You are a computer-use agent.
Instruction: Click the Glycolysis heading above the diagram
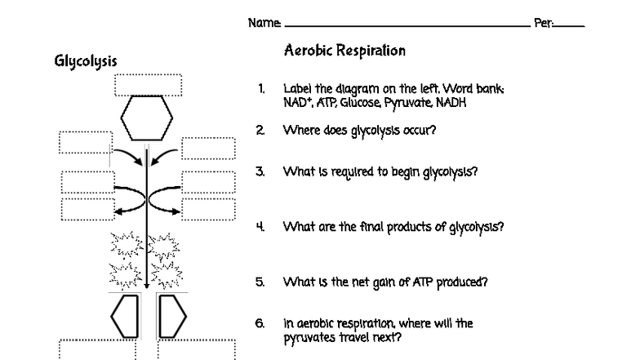click(85, 61)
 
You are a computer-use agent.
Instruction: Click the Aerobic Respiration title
click(344, 51)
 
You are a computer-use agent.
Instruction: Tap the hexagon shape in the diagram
click(147, 119)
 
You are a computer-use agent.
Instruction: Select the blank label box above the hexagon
click(148, 85)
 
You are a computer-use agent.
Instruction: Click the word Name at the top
click(264, 24)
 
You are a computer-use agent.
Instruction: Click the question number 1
click(260, 88)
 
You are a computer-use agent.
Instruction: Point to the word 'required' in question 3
click(376, 172)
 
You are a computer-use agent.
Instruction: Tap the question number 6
click(260, 323)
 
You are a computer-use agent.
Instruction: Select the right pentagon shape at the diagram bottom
click(171, 316)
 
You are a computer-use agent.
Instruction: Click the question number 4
click(260, 227)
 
